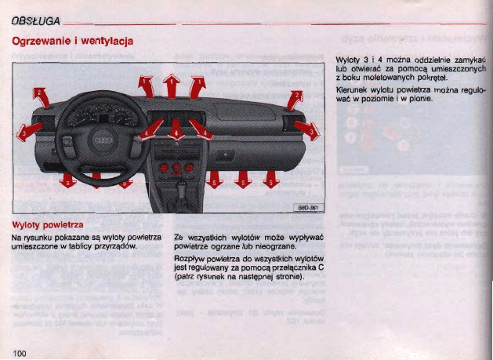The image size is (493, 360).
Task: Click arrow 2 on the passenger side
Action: coord(295,99)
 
